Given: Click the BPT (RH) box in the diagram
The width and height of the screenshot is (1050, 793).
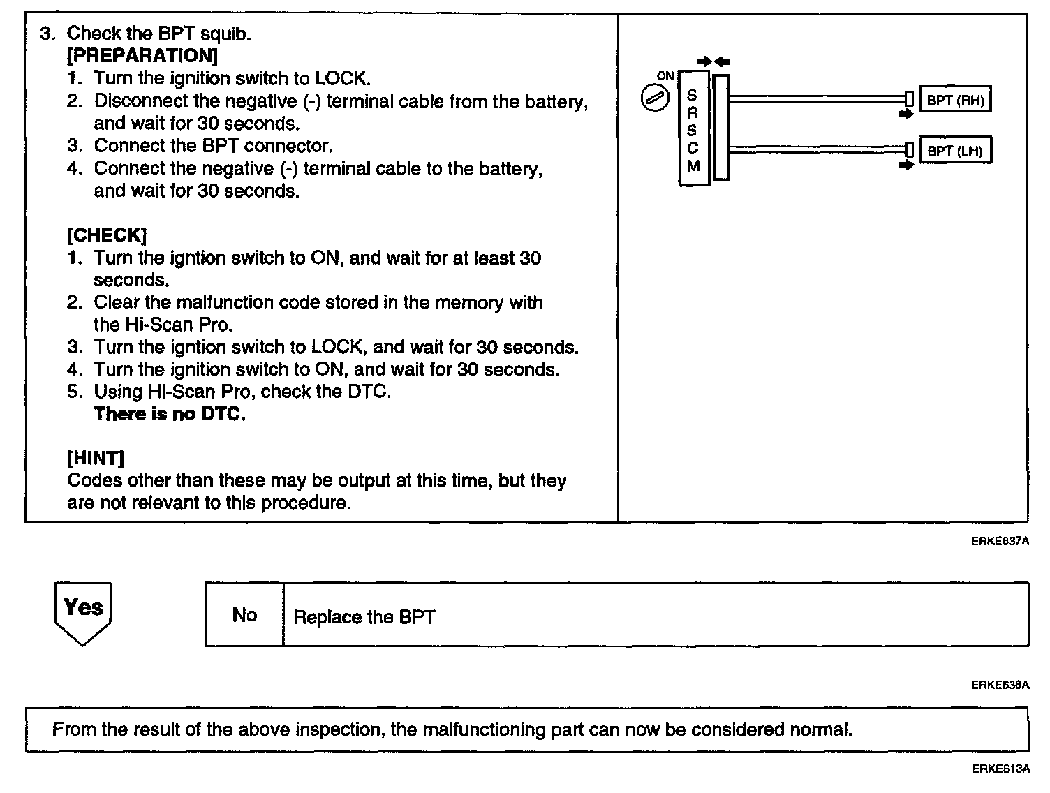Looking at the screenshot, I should click(x=955, y=100).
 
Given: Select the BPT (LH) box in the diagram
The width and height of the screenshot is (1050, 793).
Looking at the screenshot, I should click(x=955, y=151).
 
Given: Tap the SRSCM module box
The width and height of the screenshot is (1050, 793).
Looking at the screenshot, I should click(x=693, y=128).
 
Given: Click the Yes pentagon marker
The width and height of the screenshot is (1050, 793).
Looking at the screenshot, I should click(x=82, y=612).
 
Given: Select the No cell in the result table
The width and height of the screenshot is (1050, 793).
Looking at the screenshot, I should click(x=244, y=615).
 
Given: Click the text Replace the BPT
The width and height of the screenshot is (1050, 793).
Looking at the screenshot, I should click(x=364, y=617).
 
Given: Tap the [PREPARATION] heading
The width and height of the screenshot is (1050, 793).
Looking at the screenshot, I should click(x=142, y=55).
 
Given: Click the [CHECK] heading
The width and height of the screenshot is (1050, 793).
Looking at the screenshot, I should click(x=107, y=235).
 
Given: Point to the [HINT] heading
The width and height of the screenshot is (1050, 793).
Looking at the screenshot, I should click(x=96, y=458).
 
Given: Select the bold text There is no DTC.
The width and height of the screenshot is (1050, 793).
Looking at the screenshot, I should click(x=170, y=414).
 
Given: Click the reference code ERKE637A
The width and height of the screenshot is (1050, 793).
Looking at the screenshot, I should click(x=1000, y=541).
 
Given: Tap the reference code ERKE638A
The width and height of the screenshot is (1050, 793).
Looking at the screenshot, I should click(x=1000, y=685).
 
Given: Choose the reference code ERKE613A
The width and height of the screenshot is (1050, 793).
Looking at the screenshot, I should click(x=1000, y=769).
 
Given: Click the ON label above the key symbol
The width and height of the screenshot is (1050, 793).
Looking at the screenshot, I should click(x=665, y=75).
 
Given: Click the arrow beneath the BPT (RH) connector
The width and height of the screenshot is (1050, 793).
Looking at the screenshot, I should click(x=906, y=114).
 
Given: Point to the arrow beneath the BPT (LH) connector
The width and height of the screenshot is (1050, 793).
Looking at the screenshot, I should click(x=906, y=166).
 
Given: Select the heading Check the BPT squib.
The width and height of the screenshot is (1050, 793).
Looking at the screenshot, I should click(x=158, y=33).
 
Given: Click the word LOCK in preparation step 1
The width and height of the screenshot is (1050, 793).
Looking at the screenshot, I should click(x=340, y=78).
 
